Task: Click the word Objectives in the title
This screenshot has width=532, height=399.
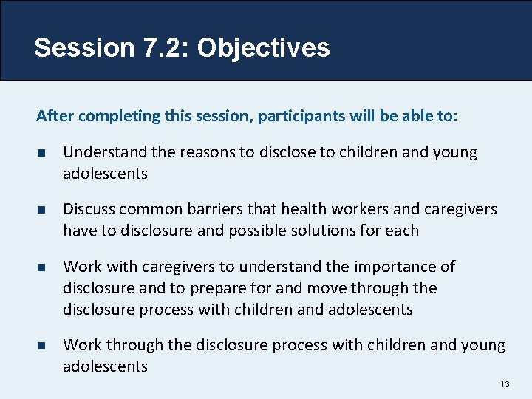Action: tap(263, 48)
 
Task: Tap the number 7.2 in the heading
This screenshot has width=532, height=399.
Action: tap(163, 48)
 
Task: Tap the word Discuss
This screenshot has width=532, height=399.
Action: tap(88, 210)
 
